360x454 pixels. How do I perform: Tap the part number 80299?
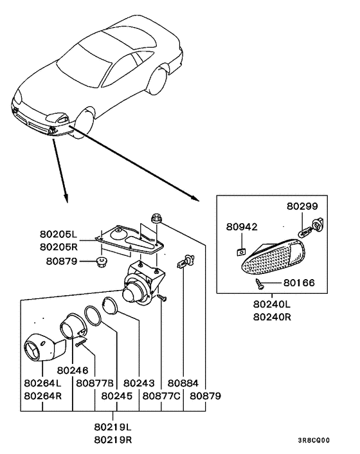pyautogui.click(x=301, y=207)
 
